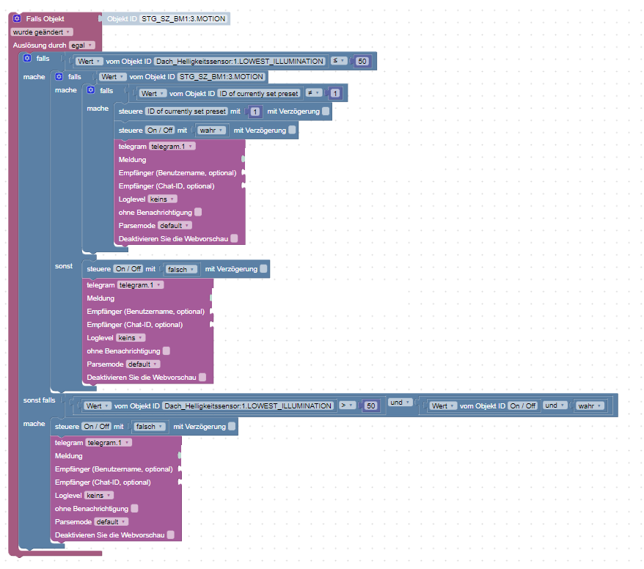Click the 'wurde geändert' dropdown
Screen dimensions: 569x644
click(42, 32)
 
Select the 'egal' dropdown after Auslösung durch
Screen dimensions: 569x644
click(81, 45)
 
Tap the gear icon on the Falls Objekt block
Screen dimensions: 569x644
click(17, 18)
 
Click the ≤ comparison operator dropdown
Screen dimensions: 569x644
click(339, 61)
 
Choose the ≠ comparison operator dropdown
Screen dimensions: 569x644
click(312, 93)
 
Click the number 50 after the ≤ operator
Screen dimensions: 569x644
click(362, 61)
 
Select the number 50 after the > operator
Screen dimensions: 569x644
click(371, 405)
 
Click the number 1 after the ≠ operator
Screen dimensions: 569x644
click(335, 93)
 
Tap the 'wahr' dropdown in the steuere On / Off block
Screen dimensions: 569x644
click(211, 130)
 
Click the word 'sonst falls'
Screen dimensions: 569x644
click(39, 400)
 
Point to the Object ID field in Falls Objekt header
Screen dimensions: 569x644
click(183, 18)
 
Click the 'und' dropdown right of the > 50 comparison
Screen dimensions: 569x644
click(397, 403)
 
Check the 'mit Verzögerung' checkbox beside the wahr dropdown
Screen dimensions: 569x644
click(292, 130)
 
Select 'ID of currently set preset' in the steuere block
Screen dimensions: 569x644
click(186, 111)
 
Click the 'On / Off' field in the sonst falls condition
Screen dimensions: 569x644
click(523, 405)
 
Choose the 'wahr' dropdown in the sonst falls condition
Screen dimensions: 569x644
click(589, 405)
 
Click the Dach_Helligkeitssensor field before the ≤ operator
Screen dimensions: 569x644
click(239, 61)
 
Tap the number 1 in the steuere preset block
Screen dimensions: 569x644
click(255, 111)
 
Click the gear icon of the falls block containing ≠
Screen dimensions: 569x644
click(91, 90)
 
